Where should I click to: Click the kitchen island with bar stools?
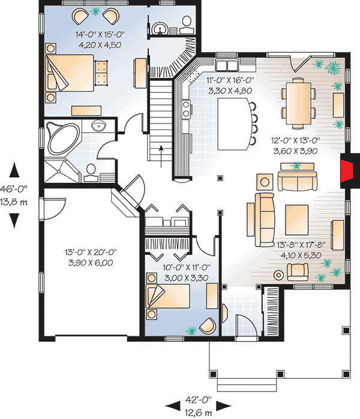233,126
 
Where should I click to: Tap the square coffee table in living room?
297,218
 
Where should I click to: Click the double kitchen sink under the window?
227,64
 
